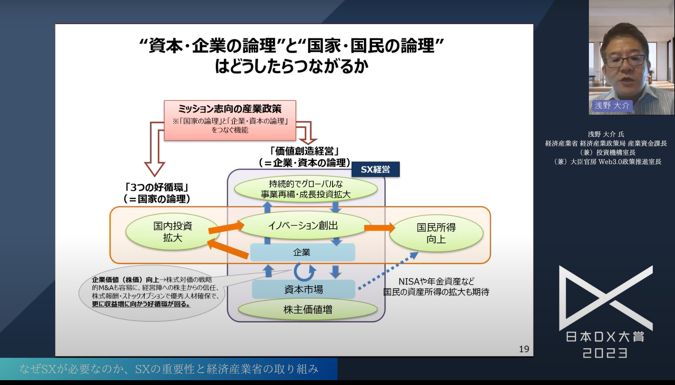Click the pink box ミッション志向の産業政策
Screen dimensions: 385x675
(x=230, y=120)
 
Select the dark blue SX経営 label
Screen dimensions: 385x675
(x=375, y=169)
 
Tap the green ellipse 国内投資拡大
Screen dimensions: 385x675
(x=172, y=232)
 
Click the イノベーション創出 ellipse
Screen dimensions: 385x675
(x=303, y=226)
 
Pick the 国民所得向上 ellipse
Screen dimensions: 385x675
(x=436, y=233)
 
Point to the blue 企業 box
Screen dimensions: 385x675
(x=302, y=253)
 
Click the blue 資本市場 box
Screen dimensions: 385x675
(x=303, y=290)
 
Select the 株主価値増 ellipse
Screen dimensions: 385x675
(x=307, y=310)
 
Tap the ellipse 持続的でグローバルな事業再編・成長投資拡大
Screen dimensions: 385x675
(x=305, y=189)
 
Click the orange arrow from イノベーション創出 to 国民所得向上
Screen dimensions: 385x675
(x=379, y=227)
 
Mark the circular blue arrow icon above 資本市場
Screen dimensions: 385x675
(x=304, y=271)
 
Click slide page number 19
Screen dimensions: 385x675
(x=524, y=349)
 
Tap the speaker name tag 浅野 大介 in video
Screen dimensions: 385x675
(x=612, y=106)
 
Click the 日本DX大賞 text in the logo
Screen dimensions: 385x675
(x=605, y=337)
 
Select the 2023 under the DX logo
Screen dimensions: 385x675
(x=605, y=353)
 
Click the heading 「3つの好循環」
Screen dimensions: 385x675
(x=157, y=187)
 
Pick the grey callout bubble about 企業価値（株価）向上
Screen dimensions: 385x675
(x=152, y=292)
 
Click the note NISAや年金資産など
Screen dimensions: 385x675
(x=436, y=281)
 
